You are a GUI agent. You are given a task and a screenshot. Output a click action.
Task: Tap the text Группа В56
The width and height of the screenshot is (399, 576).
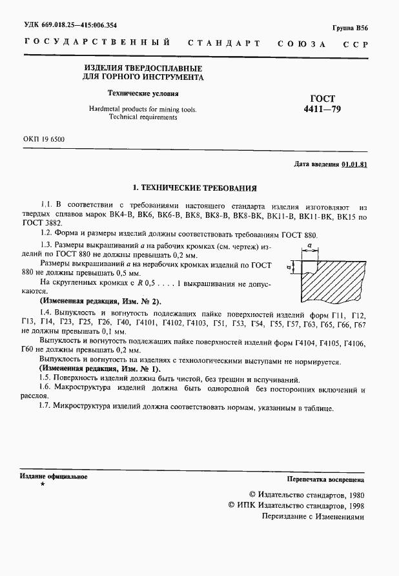(x=350, y=29)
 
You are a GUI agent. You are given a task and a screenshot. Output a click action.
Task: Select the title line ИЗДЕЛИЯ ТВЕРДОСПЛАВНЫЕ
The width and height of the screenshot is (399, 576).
(x=143, y=68)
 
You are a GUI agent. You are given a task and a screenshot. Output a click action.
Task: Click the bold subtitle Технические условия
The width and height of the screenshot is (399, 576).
(x=143, y=93)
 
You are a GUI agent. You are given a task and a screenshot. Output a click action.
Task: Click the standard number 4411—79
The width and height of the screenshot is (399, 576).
(x=323, y=110)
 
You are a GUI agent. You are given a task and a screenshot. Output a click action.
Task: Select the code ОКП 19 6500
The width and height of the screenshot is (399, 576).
(x=43, y=139)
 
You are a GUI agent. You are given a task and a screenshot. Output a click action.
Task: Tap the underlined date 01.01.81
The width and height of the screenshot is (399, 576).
(x=354, y=165)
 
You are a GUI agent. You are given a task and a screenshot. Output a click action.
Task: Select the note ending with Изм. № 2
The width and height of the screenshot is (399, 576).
(x=101, y=301)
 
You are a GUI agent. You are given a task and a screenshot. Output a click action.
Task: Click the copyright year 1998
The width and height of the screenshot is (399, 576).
(x=355, y=506)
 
